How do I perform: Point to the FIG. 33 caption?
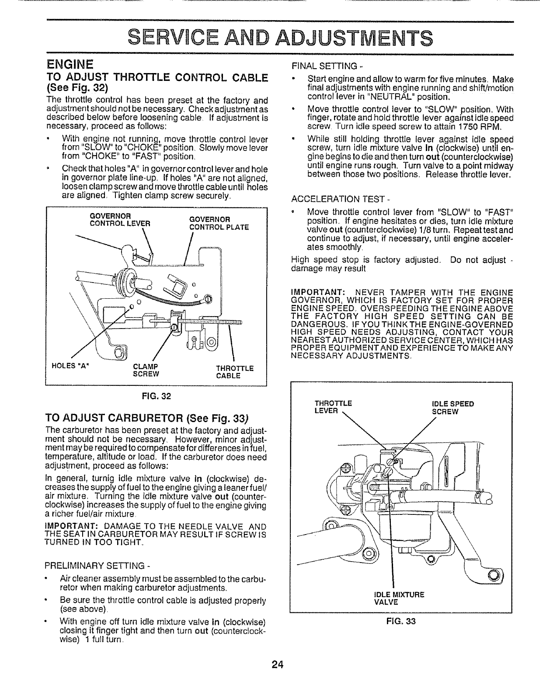401,620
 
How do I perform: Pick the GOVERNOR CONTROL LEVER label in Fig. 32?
120,220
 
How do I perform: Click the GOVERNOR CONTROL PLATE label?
219,223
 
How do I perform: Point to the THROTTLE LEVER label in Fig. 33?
333,407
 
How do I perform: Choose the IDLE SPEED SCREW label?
452,407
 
